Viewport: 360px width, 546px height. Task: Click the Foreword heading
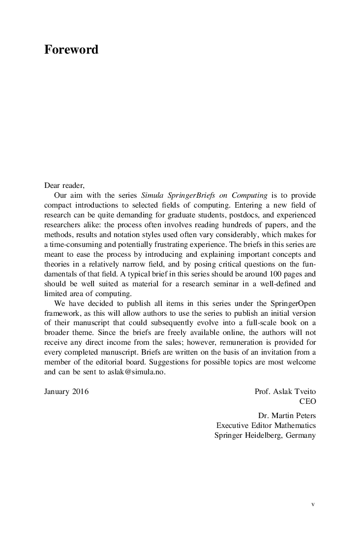pyautogui.click(x=71, y=50)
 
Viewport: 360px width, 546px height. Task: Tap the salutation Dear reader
pyautogui.click(x=64, y=185)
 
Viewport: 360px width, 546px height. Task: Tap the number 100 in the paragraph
pyautogui.click(x=268, y=274)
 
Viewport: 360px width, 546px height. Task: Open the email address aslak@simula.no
pyautogui.click(x=137, y=372)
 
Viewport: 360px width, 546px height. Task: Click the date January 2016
pyautogui.click(x=66, y=392)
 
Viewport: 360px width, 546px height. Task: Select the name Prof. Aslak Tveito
pyautogui.click(x=285, y=392)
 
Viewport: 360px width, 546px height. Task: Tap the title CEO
pyautogui.click(x=307, y=401)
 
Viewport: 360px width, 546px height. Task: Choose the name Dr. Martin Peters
pyautogui.click(x=287, y=416)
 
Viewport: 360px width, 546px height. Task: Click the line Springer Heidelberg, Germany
pyautogui.click(x=265, y=435)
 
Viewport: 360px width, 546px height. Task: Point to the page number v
pyautogui.click(x=313, y=504)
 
